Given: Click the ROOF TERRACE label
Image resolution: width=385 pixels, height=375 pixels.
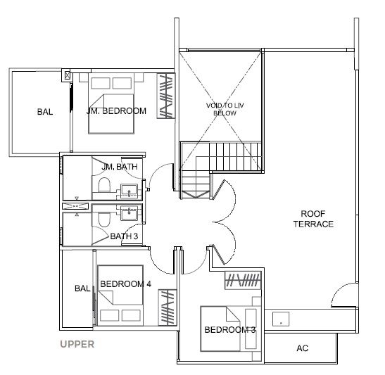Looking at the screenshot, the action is coord(313,219).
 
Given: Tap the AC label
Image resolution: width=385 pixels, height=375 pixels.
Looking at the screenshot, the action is coord(302,348).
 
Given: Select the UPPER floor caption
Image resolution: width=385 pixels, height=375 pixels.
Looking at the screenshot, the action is coord(77,344).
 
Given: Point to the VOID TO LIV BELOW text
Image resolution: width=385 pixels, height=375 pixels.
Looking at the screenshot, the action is coord(225,109).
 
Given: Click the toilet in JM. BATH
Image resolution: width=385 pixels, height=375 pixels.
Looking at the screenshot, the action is coord(104,184).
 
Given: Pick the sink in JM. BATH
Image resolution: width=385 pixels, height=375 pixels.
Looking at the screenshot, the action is coord(129,191).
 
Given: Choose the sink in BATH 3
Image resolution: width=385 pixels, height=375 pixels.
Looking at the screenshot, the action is coord(129,212).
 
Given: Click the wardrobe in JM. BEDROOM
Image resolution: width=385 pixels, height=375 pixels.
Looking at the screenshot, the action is coord(166,96).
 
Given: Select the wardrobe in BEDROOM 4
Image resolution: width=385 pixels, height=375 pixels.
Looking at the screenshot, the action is coord(168,307).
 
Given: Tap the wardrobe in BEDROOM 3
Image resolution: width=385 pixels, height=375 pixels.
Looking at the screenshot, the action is coord(243,280).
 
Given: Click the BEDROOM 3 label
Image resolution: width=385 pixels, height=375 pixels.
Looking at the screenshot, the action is coord(230,329).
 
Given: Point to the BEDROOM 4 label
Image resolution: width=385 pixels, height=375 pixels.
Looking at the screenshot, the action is coord(125,284).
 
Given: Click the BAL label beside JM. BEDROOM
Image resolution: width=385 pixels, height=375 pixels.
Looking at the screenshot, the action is coord(45,112).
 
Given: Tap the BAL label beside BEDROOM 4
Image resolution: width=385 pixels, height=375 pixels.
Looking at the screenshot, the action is coord(82,288).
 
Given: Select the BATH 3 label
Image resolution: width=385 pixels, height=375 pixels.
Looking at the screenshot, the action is coord(124,236).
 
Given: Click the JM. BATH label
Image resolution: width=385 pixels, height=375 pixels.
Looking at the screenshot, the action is coord(120,167).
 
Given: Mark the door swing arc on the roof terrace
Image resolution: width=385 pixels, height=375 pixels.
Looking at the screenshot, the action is coord(339,290).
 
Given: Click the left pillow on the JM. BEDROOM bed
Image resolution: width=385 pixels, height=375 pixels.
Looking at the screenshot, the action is coord(101,83).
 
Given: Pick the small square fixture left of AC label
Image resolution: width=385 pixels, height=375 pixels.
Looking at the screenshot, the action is coord(281,319).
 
